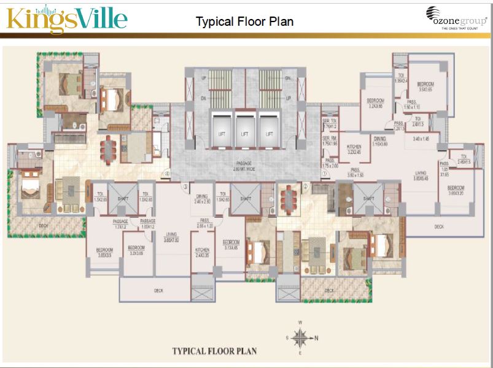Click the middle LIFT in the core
pos(244,133)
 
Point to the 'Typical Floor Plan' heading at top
pos(244,21)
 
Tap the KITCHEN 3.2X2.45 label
pos(354,150)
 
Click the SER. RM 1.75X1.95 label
pos(330,141)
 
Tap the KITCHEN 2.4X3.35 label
pos(203,253)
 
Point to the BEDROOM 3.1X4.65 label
pos(230,245)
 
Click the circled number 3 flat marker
pos(185,186)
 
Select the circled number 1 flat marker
pos(324,174)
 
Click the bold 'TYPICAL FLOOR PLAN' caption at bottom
pos(214,351)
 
